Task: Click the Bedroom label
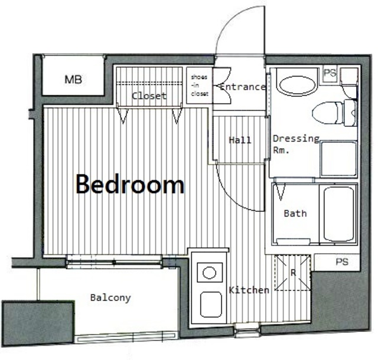coord(130,184)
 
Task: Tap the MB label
coord(73,79)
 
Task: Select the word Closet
coord(149,96)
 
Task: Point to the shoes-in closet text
coord(200,86)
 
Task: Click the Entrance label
coord(243,87)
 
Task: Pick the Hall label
coord(240,140)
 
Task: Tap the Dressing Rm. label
coord(296,144)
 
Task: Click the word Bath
coord(295,214)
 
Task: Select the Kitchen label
coord(249,290)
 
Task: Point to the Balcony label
coord(110,298)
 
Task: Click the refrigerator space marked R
coord(293,273)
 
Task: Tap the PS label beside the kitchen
coord(342,261)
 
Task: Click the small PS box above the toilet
coord(330,73)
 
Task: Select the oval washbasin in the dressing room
coord(297,86)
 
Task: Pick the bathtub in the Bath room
coord(338,214)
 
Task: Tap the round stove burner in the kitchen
coord(209,273)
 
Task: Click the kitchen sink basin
coord(211,305)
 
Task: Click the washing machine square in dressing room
coord(338,159)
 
